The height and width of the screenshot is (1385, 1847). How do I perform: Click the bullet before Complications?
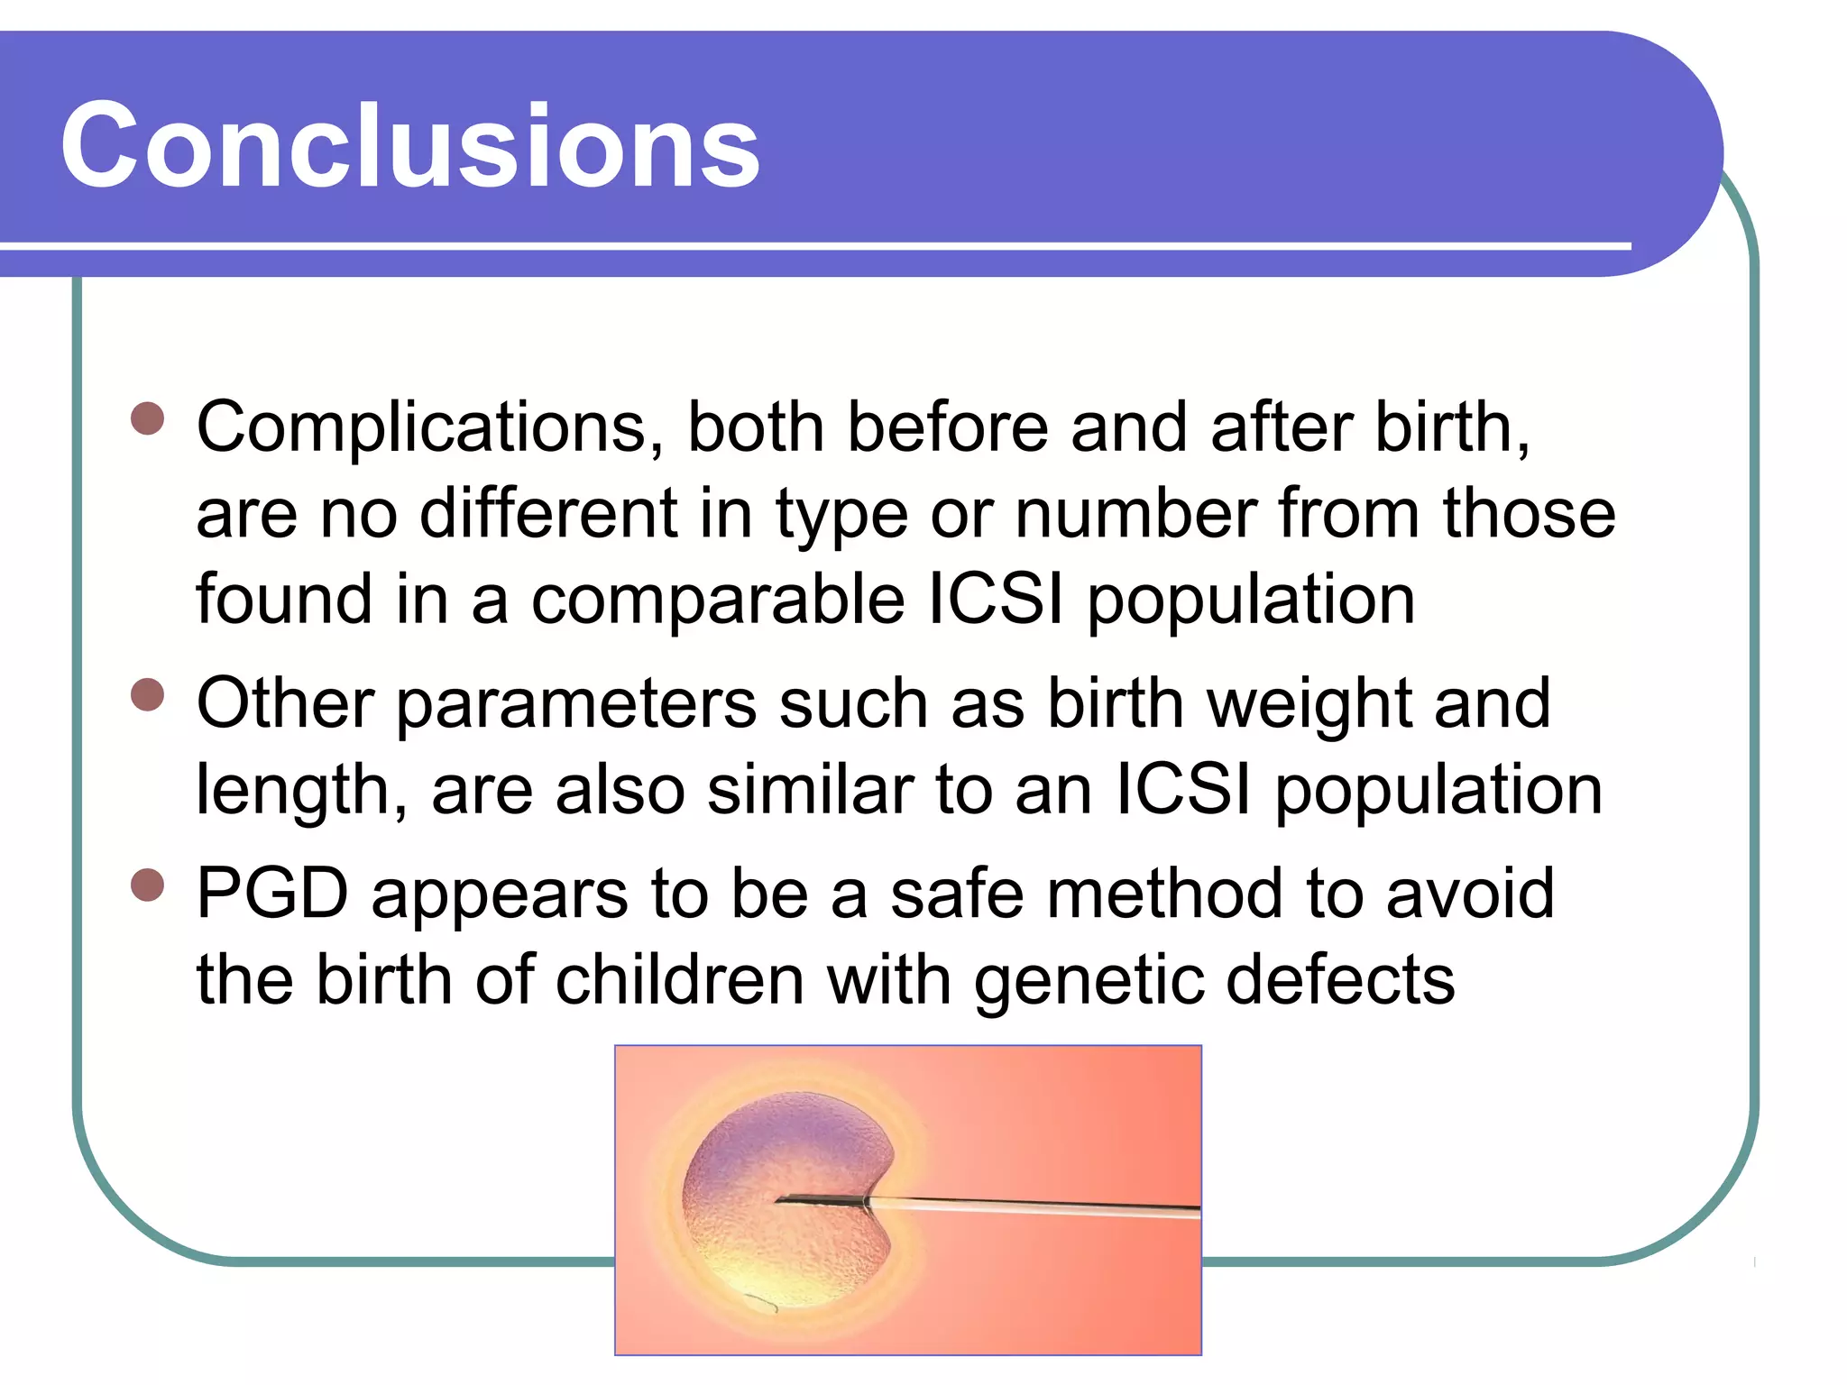[x=148, y=418]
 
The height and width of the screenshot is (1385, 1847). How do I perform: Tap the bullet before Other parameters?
[x=148, y=695]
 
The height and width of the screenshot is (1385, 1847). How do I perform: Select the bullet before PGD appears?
[x=148, y=885]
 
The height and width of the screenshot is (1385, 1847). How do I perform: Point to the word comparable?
[x=717, y=601]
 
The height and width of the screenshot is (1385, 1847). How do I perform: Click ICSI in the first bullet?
[x=996, y=599]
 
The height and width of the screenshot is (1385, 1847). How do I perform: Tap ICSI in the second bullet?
[x=1183, y=790]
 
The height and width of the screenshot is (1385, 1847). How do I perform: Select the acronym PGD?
[x=272, y=894]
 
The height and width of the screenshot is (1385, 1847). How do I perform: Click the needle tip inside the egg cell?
[x=781, y=1199]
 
